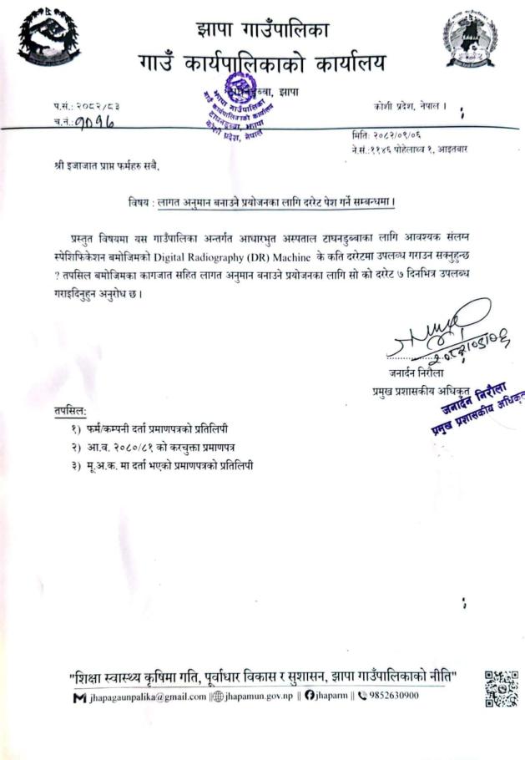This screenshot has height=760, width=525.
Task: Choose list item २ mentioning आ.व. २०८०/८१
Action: [x=149, y=448]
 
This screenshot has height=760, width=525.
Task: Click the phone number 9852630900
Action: [x=390, y=695]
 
